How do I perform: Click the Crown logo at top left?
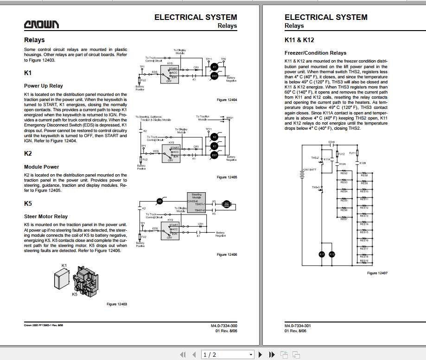(x=41, y=25)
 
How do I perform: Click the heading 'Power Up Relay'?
(x=44, y=86)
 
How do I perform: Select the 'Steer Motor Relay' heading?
(x=46, y=216)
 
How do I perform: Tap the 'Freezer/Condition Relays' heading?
(x=315, y=53)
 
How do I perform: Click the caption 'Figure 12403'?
(x=117, y=304)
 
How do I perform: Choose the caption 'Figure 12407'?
(x=377, y=273)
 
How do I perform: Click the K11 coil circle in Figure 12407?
(x=322, y=254)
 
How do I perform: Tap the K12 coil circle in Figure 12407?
(x=331, y=254)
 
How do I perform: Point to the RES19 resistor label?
(x=364, y=260)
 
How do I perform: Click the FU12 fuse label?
(x=342, y=153)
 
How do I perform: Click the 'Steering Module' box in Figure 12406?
(x=196, y=202)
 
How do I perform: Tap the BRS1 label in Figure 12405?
(x=230, y=118)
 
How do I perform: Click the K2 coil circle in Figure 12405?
(x=214, y=137)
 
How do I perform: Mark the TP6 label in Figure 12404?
(x=223, y=59)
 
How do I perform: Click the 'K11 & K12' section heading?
(x=299, y=40)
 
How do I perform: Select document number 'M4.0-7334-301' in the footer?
(x=298, y=326)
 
